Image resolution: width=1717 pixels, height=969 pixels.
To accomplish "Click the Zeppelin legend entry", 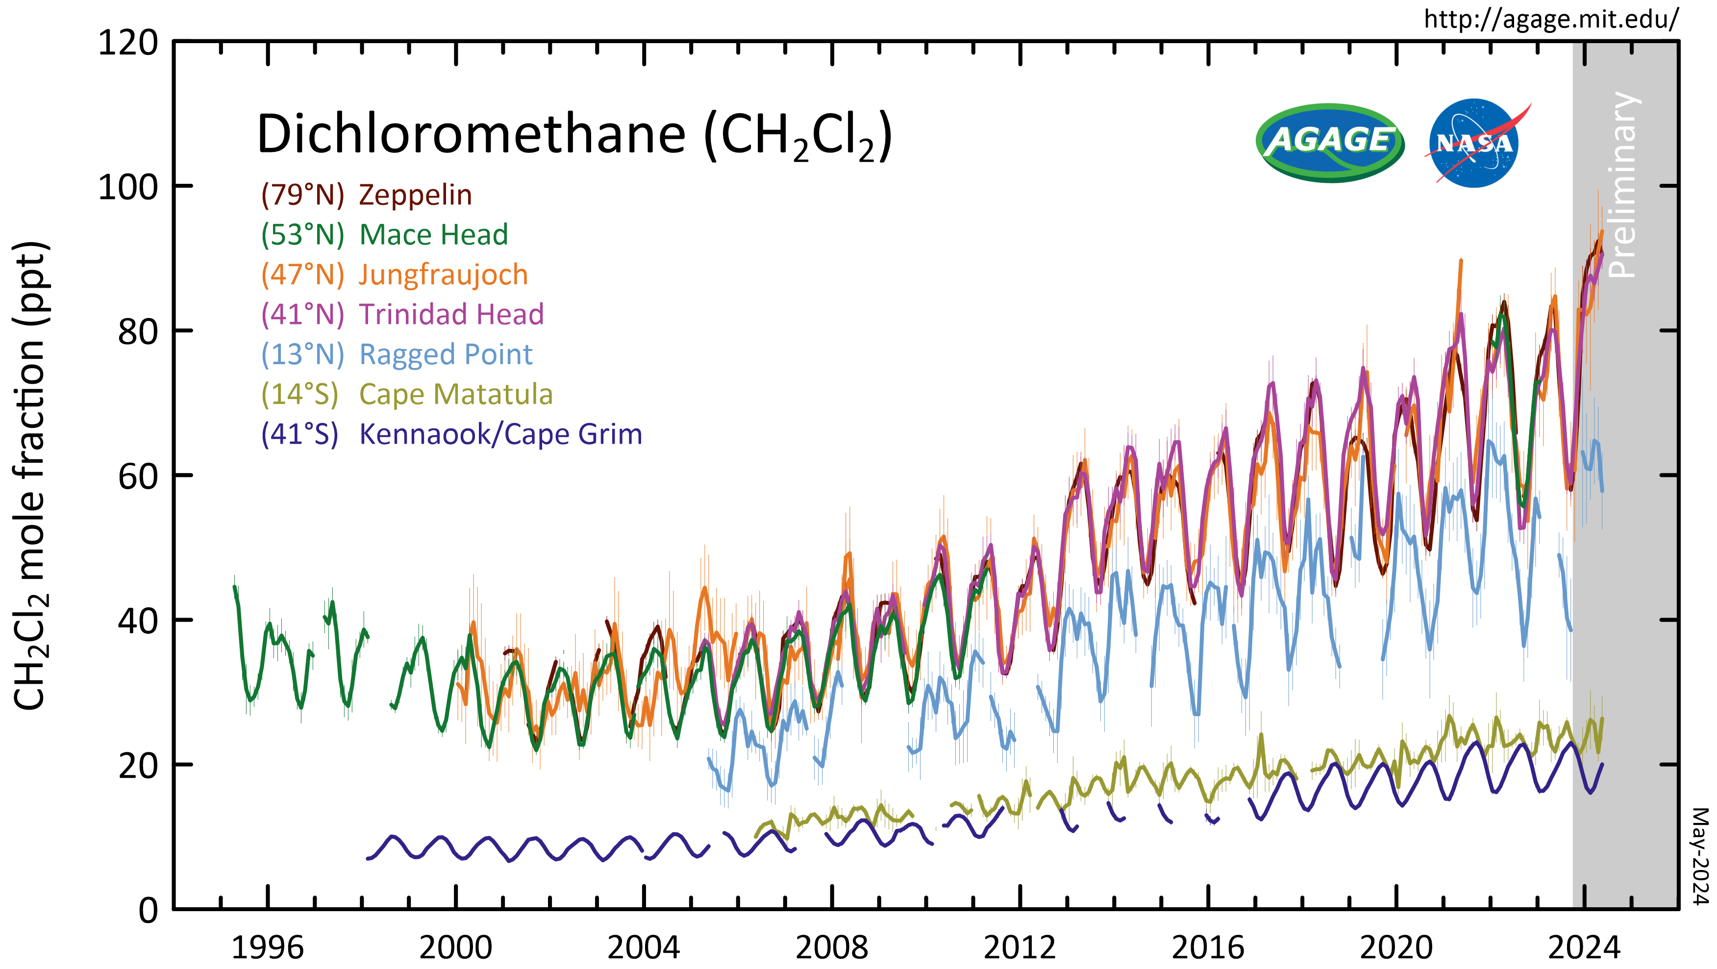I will (367, 195).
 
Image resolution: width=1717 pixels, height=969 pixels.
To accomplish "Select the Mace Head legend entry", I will (385, 235).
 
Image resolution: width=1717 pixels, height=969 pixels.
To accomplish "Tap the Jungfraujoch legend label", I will (395, 274).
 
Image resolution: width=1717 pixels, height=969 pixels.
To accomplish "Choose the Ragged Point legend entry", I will (397, 354).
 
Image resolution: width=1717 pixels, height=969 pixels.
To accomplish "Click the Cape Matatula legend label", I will (407, 395).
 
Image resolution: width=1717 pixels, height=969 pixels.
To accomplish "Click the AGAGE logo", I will (1330, 143).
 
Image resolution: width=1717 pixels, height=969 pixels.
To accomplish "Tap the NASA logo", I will (1474, 143).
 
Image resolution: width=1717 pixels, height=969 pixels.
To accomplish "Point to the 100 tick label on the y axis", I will (128, 187).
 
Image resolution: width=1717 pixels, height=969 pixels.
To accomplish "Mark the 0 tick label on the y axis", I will (148, 910).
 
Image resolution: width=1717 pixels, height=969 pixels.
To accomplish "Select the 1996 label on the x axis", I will (267, 947).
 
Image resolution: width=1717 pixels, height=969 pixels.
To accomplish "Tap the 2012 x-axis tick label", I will (1020, 947).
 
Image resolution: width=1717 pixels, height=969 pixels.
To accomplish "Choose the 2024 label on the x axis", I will (1584, 947).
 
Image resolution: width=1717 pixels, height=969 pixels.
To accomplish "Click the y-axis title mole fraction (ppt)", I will (30, 476).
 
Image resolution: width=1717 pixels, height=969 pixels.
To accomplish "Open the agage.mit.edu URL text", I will (1551, 19).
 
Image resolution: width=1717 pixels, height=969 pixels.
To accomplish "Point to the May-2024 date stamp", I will (1700, 856).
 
